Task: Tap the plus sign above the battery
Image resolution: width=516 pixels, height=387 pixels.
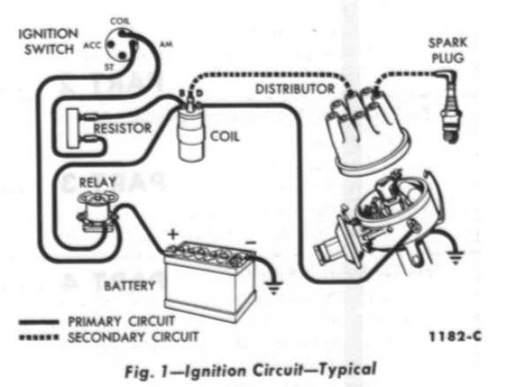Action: (172, 235)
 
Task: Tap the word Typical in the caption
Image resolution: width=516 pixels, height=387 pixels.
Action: (347, 370)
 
